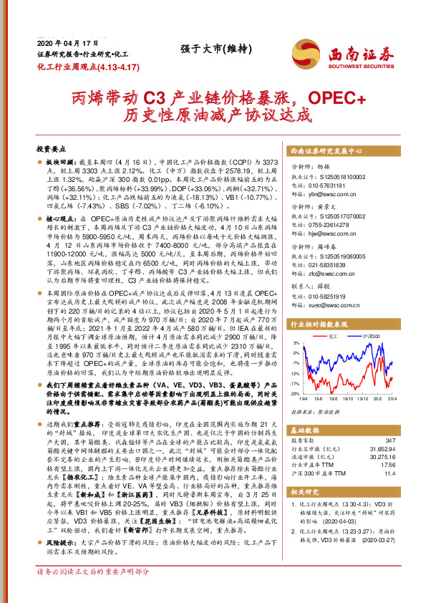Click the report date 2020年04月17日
click(x=60, y=44)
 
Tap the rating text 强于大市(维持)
click(x=205, y=49)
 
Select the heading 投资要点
click(x=51, y=148)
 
